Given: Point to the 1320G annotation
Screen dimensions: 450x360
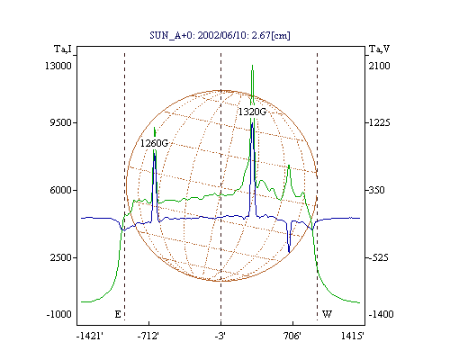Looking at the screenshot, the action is click(x=252, y=112).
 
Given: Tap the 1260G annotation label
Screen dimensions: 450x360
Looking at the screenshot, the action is click(x=154, y=143).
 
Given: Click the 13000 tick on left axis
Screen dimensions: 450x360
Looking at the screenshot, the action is click(x=58, y=66).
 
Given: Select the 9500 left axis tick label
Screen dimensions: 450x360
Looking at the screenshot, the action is click(x=60, y=122).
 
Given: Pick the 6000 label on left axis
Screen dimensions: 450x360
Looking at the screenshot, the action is click(x=60, y=190).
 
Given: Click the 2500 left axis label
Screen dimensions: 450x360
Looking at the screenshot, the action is click(x=60, y=257).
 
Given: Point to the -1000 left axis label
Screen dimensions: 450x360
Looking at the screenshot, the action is click(x=58, y=314).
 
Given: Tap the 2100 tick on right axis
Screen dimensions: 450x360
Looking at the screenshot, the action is click(x=380, y=66).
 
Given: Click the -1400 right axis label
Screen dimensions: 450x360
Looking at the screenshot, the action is click(x=381, y=314).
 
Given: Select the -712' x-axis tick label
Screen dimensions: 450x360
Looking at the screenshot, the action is click(x=148, y=336).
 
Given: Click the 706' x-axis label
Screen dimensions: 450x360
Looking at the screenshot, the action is click(x=292, y=336).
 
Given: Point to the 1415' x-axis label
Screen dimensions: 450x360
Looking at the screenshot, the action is click(x=353, y=336).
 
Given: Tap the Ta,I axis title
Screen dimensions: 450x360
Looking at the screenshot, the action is click(x=63, y=49).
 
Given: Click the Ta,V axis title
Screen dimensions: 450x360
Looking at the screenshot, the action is click(x=379, y=49).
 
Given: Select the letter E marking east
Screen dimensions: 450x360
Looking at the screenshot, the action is click(x=118, y=314).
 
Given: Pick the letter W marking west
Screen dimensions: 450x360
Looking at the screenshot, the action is click(x=327, y=314).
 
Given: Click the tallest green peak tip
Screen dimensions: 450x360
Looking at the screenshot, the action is click(x=253, y=65).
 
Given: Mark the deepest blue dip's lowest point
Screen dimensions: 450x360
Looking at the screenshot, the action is click(x=289, y=252).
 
